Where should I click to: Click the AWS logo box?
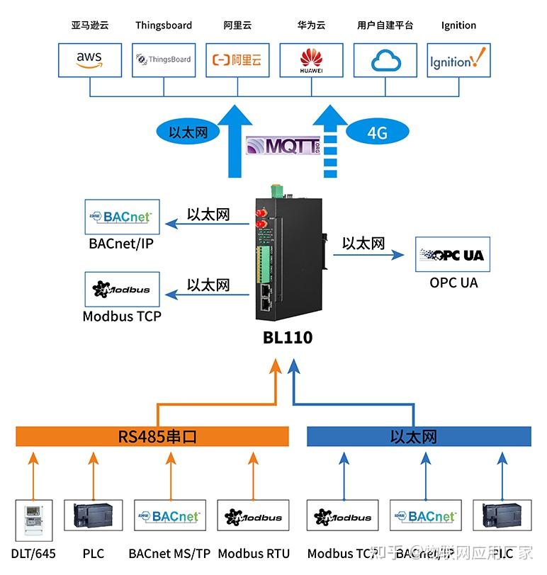point(90,60)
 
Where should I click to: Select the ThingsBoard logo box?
point(164,60)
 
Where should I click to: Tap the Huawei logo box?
point(311,60)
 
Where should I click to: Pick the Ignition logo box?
point(458,60)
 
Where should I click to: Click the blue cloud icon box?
point(385,60)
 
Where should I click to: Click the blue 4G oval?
point(378,132)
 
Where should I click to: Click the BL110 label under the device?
point(288,338)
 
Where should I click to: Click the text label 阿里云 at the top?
point(237,25)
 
